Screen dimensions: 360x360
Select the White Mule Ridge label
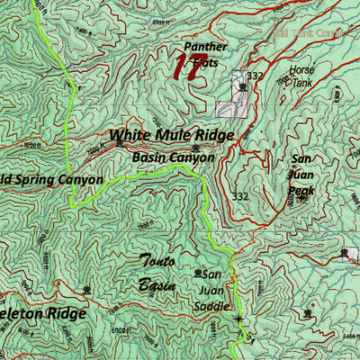171,136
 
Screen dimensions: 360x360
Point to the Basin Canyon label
173,157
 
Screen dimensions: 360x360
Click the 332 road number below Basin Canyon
239,196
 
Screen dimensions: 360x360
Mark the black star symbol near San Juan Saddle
238,319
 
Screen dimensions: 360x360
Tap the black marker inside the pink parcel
241,87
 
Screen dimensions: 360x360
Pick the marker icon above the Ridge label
86,290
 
